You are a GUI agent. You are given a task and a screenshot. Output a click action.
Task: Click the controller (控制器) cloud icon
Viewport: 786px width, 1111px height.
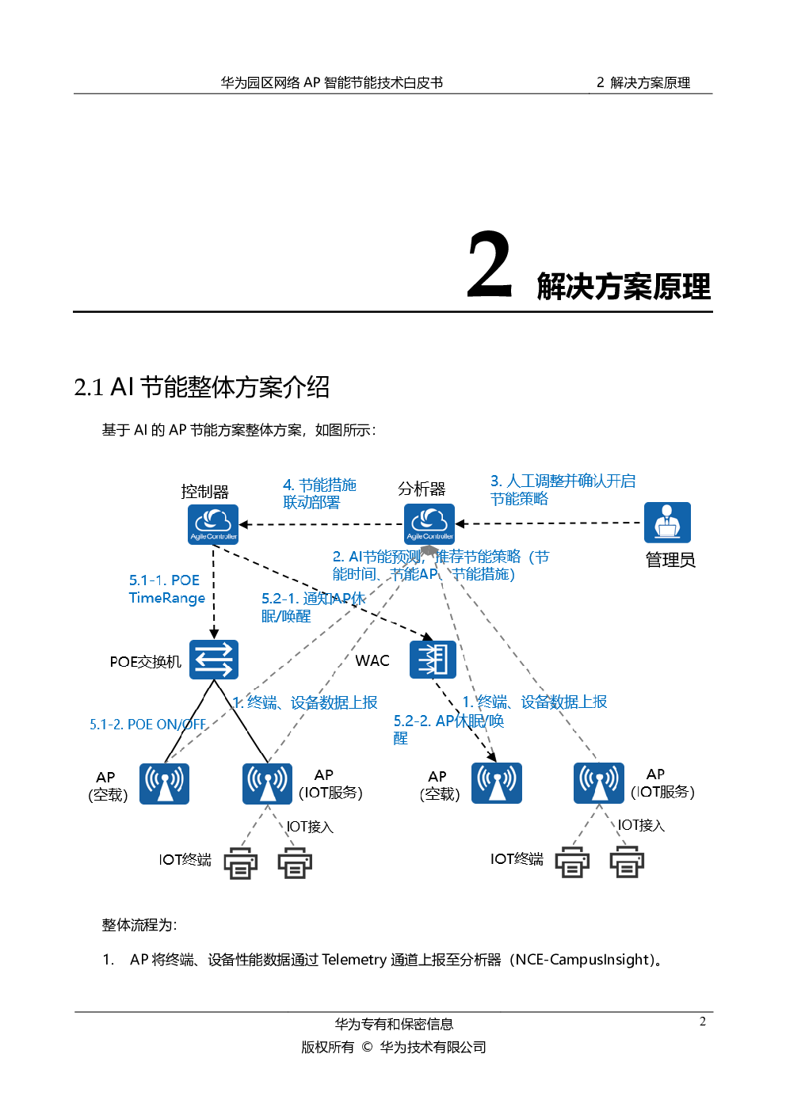212,524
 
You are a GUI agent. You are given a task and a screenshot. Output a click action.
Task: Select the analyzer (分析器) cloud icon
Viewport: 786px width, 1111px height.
429,524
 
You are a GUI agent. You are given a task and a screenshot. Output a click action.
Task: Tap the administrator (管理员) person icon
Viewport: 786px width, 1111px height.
667,523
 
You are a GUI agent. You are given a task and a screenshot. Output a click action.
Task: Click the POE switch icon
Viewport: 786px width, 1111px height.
213,660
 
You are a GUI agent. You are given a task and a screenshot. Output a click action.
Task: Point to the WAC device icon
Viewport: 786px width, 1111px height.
433,659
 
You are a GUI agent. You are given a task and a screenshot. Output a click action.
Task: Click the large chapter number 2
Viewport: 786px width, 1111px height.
490,266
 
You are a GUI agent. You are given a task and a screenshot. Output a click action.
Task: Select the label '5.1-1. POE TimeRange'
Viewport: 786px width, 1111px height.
166,589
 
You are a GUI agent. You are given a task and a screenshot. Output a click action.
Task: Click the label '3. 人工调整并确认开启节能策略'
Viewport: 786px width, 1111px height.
562,489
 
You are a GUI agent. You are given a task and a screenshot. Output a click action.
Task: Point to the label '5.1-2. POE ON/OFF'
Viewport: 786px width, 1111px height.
147,725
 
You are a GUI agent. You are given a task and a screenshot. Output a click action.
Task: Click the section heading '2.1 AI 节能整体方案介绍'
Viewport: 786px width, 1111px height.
201,387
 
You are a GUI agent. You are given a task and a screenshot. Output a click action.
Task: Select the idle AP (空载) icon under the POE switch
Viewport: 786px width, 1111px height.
164,783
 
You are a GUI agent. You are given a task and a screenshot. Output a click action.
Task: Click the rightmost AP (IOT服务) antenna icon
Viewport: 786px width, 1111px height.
599,782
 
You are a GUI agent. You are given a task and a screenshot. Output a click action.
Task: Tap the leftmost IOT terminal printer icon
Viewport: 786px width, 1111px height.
240,863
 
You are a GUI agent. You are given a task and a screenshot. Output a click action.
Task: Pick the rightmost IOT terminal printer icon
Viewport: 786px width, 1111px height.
626,862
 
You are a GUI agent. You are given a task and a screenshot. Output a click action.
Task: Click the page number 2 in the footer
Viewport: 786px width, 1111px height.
702,1022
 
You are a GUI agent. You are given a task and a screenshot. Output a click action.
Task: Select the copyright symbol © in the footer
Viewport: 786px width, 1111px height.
367,1047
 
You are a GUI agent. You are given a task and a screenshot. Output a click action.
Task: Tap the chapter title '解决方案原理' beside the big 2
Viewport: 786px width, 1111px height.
624,287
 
